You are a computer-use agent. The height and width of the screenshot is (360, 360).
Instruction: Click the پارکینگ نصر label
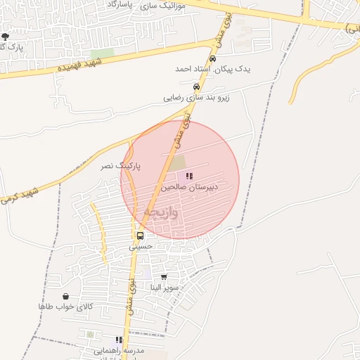point(119,166)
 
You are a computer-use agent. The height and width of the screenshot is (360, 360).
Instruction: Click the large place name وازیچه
point(161,211)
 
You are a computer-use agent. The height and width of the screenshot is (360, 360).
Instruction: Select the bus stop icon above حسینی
point(140,236)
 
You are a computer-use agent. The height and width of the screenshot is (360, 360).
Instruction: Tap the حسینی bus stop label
point(140,247)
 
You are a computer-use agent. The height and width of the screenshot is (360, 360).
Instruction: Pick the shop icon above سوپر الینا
point(165,277)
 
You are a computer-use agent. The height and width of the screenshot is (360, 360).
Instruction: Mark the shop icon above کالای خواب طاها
point(65,297)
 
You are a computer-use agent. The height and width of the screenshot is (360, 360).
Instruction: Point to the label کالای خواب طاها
point(65,307)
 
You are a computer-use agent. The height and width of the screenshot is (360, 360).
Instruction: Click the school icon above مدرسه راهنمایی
point(119,340)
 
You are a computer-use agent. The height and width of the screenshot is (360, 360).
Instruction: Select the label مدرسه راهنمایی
point(120,350)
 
